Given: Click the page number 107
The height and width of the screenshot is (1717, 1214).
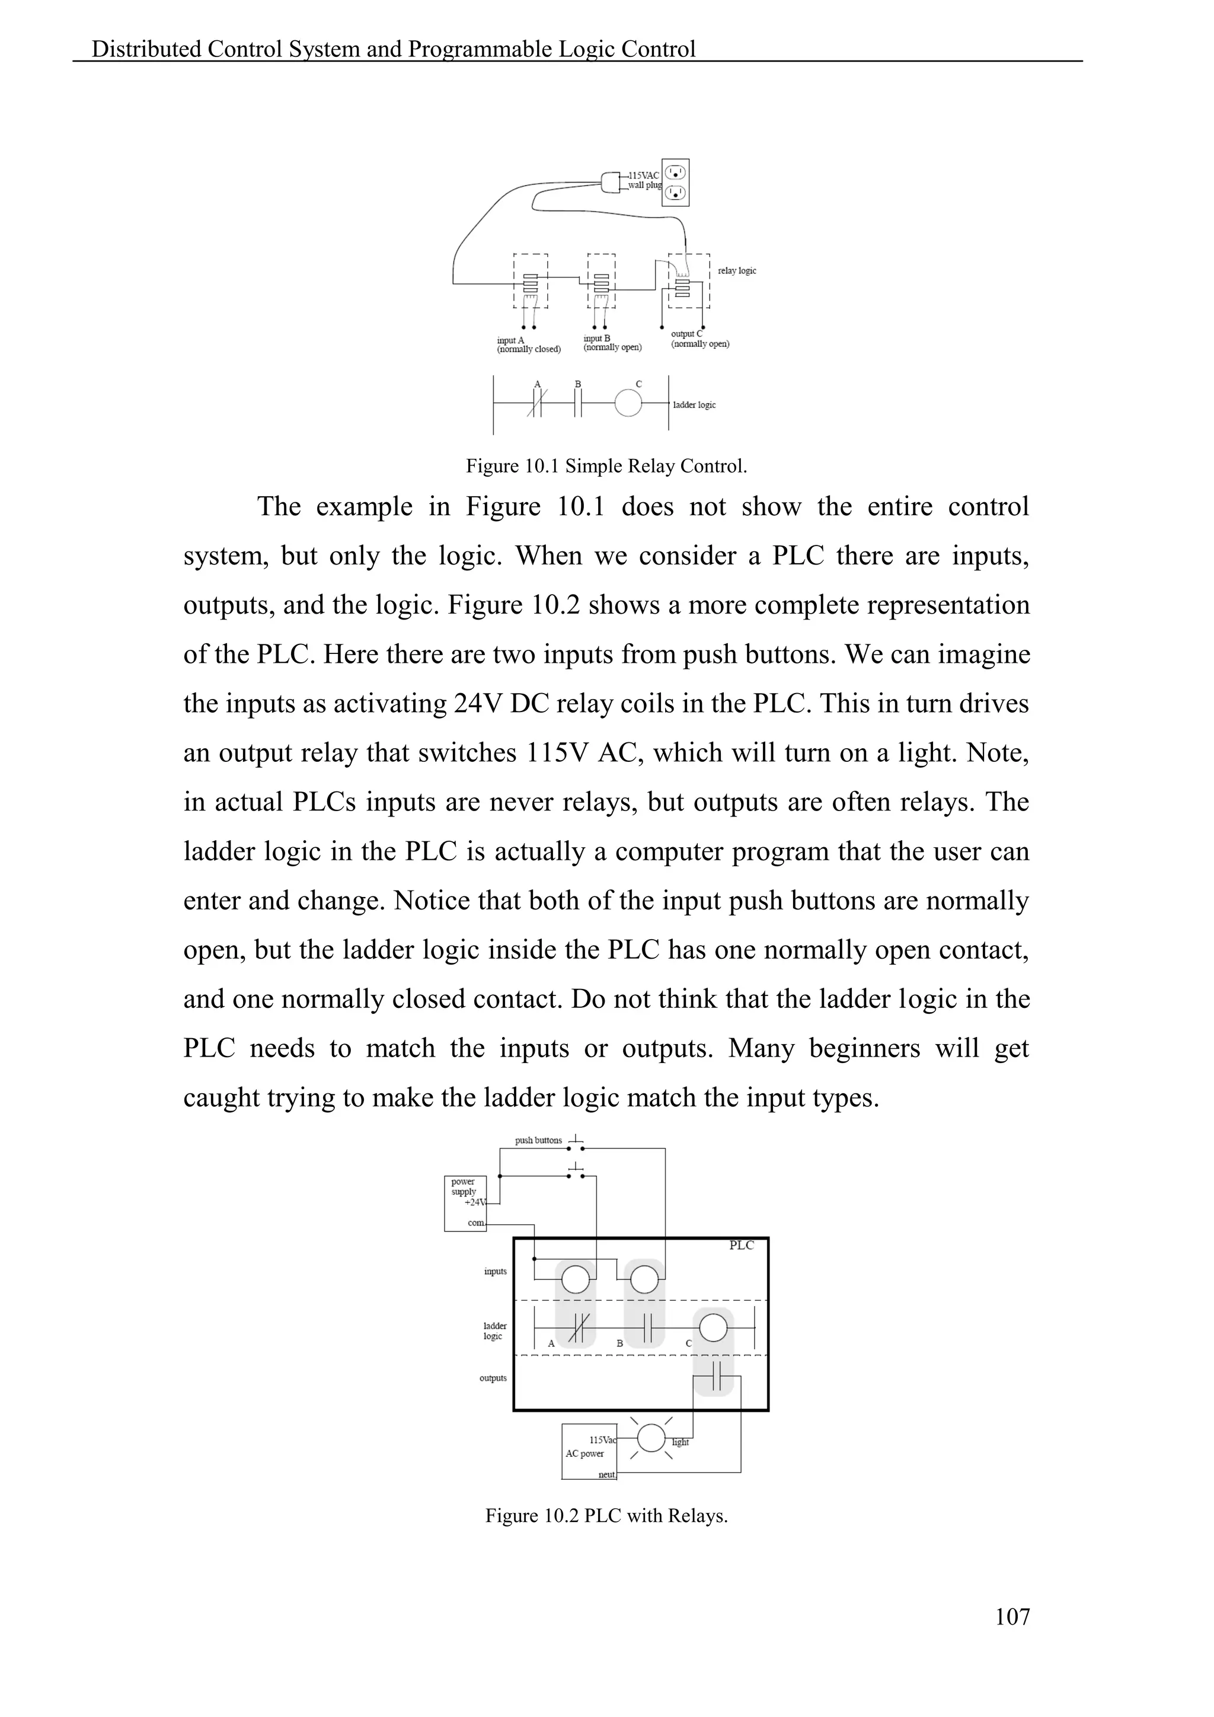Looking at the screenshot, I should pos(1012,1617).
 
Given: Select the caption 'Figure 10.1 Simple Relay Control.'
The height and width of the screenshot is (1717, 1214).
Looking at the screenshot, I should pos(606,466).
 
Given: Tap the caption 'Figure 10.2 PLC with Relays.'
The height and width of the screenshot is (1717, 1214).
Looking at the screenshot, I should pos(606,1516).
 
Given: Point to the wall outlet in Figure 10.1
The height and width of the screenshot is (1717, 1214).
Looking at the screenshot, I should pos(676,183).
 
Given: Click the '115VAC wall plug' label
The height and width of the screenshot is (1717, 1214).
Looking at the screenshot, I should pos(644,180).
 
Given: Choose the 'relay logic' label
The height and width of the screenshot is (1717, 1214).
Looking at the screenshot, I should pos(736,271).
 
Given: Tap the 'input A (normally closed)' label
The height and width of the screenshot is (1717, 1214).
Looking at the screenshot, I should pos(529,344).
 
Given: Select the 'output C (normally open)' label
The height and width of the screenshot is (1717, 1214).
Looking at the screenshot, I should pos(699,340).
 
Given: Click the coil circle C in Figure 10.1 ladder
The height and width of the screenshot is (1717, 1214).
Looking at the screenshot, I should pos(628,404).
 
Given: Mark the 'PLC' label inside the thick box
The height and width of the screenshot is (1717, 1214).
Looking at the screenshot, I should pos(741,1245).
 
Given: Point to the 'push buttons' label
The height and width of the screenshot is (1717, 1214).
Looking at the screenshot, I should pos(538,1141).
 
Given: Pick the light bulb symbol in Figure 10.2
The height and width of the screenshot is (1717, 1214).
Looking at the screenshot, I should pos(651,1437).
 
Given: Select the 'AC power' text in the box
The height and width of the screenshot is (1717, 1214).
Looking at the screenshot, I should pos(584,1454).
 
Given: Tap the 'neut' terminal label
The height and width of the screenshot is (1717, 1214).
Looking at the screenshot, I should pos(606,1475).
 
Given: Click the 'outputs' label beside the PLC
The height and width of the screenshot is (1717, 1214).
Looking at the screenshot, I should pos(493,1378).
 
